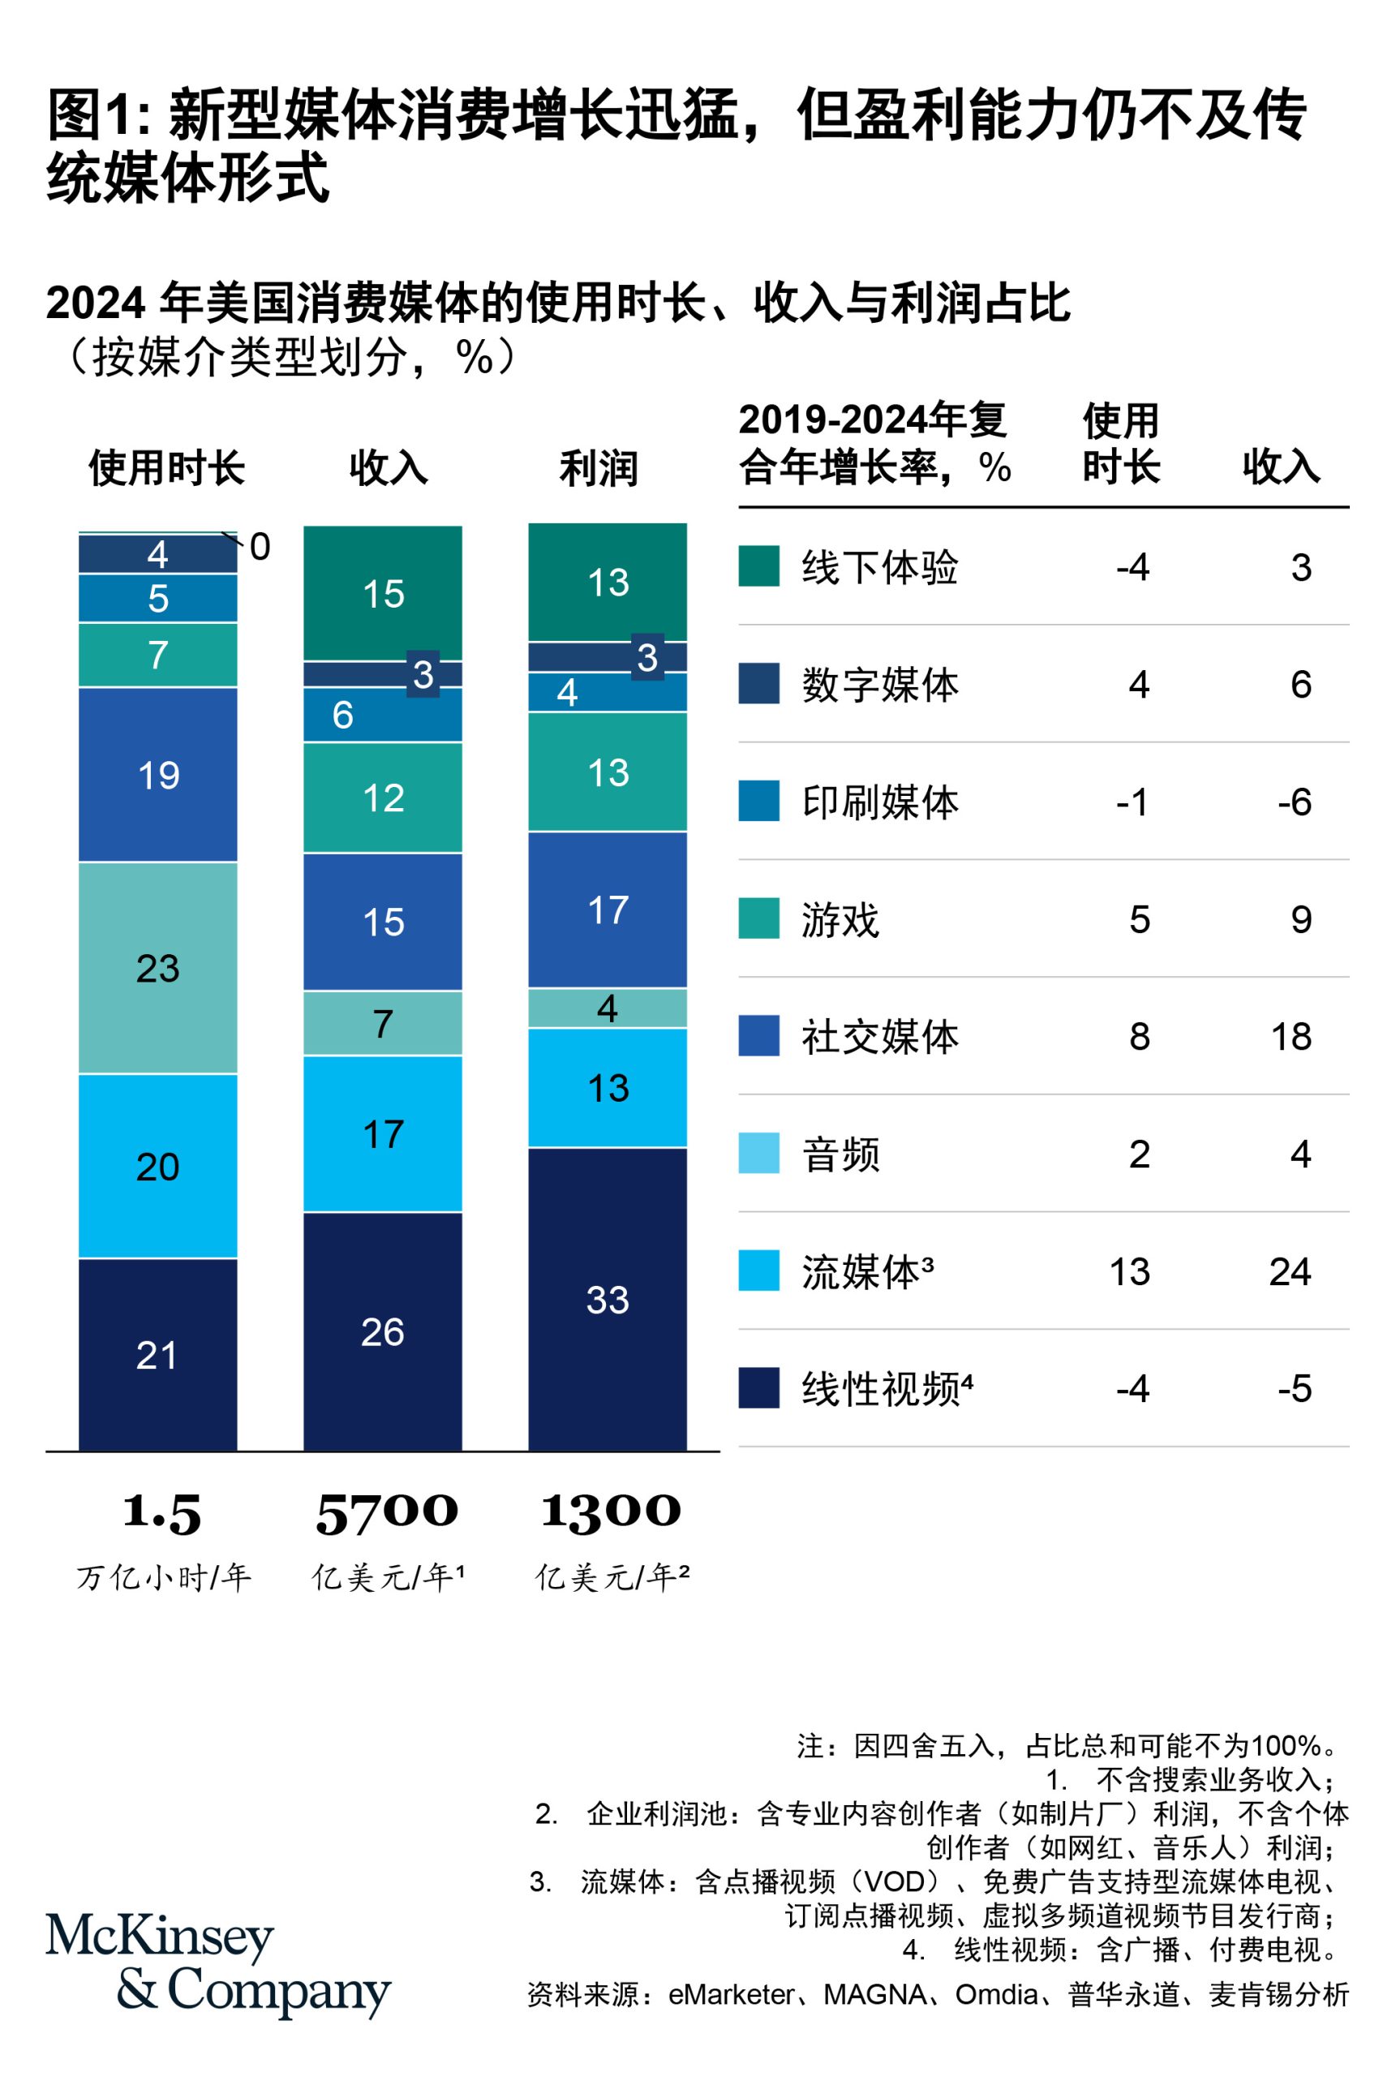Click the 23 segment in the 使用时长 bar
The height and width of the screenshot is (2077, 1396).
(x=157, y=968)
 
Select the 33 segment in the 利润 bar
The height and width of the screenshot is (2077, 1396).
(x=608, y=1299)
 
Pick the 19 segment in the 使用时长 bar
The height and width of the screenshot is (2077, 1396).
(x=157, y=775)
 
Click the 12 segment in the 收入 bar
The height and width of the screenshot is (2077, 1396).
(x=382, y=797)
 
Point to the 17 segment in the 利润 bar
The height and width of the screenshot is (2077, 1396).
(x=608, y=909)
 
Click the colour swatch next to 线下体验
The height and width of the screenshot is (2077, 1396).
(x=758, y=566)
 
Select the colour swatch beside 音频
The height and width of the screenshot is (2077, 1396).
(x=758, y=1153)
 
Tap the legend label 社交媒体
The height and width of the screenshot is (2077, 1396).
(x=879, y=1036)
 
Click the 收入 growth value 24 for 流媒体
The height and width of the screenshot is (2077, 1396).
(x=1289, y=1271)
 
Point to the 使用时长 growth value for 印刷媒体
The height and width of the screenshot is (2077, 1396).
(x=1132, y=802)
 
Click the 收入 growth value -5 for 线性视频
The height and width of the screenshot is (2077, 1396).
(x=1294, y=1388)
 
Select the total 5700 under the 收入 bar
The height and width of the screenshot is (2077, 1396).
(x=386, y=1512)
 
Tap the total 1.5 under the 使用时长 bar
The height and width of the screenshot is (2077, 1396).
(x=162, y=1512)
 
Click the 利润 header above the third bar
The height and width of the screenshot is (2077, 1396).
(x=599, y=468)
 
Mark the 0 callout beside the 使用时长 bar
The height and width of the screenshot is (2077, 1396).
(x=259, y=547)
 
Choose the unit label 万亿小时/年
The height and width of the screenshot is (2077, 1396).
(x=164, y=1577)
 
